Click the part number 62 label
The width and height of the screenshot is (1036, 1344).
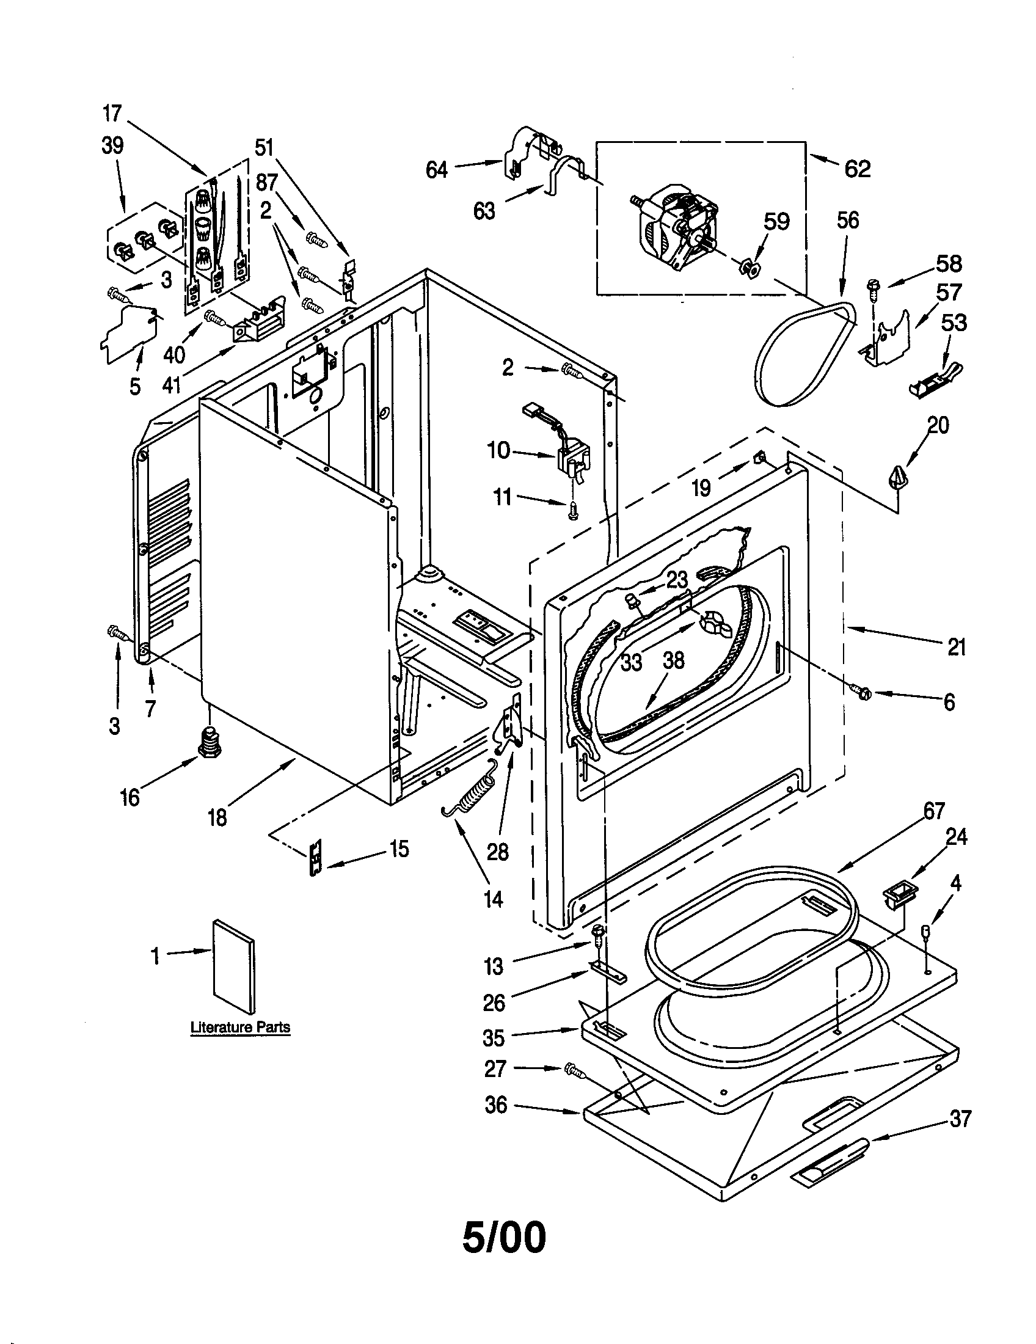pyautogui.click(x=858, y=169)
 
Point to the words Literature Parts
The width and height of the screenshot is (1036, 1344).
pyautogui.click(x=240, y=1027)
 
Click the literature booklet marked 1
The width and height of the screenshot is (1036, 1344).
pyautogui.click(x=233, y=967)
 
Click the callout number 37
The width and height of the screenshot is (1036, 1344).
pyautogui.click(x=960, y=1118)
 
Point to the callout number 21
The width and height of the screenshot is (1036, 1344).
pyautogui.click(x=957, y=648)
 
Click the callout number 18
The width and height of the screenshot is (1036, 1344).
pyautogui.click(x=218, y=817)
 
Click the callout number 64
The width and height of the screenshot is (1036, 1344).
pyautogui.click(x=437, y=170)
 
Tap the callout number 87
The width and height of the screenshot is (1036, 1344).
pyautogui.click(x=267, y=182)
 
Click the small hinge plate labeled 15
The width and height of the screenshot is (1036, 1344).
pyautogui.click(x=315, y=857)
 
